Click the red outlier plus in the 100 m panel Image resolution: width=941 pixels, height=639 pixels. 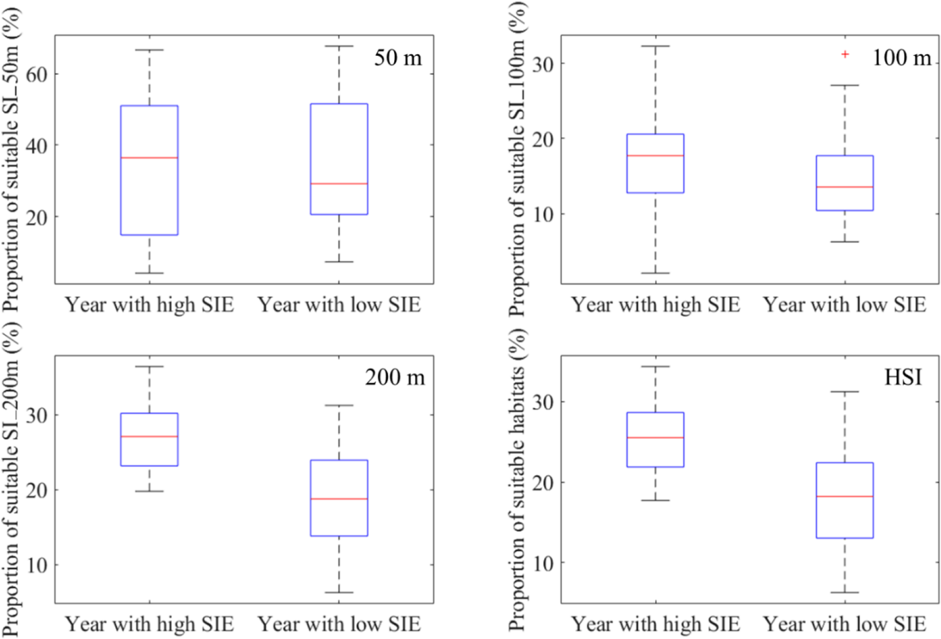pyautogui.click(x=845, y=54)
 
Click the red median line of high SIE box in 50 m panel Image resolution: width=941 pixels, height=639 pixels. pyautogui.click(x=149, y=158)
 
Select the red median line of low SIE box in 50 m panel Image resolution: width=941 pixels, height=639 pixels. pyautogui.click(x=339, y=183)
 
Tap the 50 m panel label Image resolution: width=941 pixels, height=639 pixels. pyautogui.click(x=398, y=58)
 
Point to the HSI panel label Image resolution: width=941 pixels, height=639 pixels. pyautogui.click(x=903, y=377)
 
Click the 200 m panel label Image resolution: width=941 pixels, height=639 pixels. pyautogui.click(x=395, y=377)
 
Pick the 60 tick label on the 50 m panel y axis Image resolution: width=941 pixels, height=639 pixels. pyautogui.click(x=36, y=74)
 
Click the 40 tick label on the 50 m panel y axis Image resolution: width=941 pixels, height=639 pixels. pyautogui.click(x=36, y=145)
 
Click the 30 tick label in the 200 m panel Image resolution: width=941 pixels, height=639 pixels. pyautogui.click(x=36, y=415)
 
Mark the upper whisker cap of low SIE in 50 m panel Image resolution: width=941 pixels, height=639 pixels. pyautogui.click(x=339, y=46)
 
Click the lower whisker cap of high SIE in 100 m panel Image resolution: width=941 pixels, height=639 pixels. pyautogui.click(x=655, y=273)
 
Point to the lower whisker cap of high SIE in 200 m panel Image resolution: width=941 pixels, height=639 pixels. pyautogui.click(x=149, y=491)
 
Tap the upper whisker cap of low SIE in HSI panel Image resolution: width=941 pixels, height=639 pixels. pyautogui.click(x=845, y=392)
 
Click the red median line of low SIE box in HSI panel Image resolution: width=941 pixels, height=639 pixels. pyautogui.click(x=845, y=496)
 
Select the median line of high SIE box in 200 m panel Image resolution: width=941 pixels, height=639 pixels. pyautogui.click(x=149, y=436)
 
